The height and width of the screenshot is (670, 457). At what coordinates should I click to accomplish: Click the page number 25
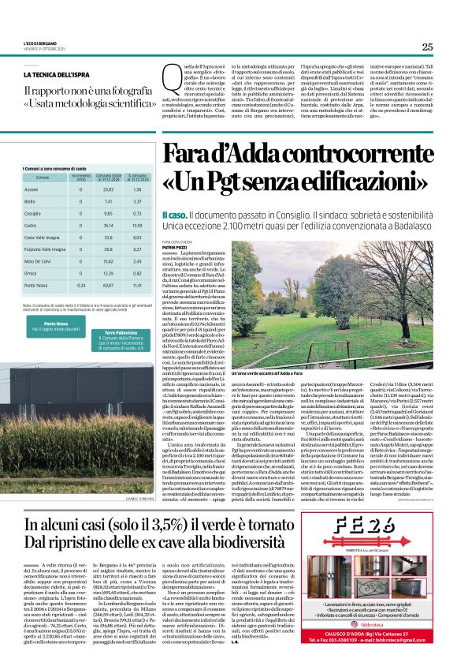click(427, 47)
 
